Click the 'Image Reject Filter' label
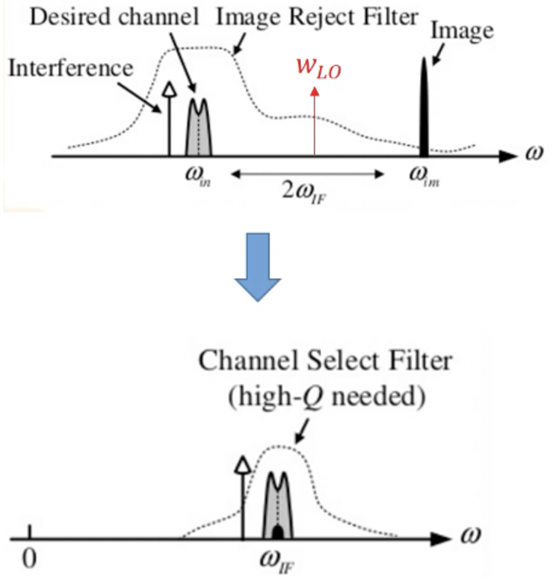[317, 16]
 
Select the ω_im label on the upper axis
[423, 178]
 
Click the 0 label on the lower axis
[29, 559]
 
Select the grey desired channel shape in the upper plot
[198, 129]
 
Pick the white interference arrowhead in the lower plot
[242, 465]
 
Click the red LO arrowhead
[315, 91]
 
